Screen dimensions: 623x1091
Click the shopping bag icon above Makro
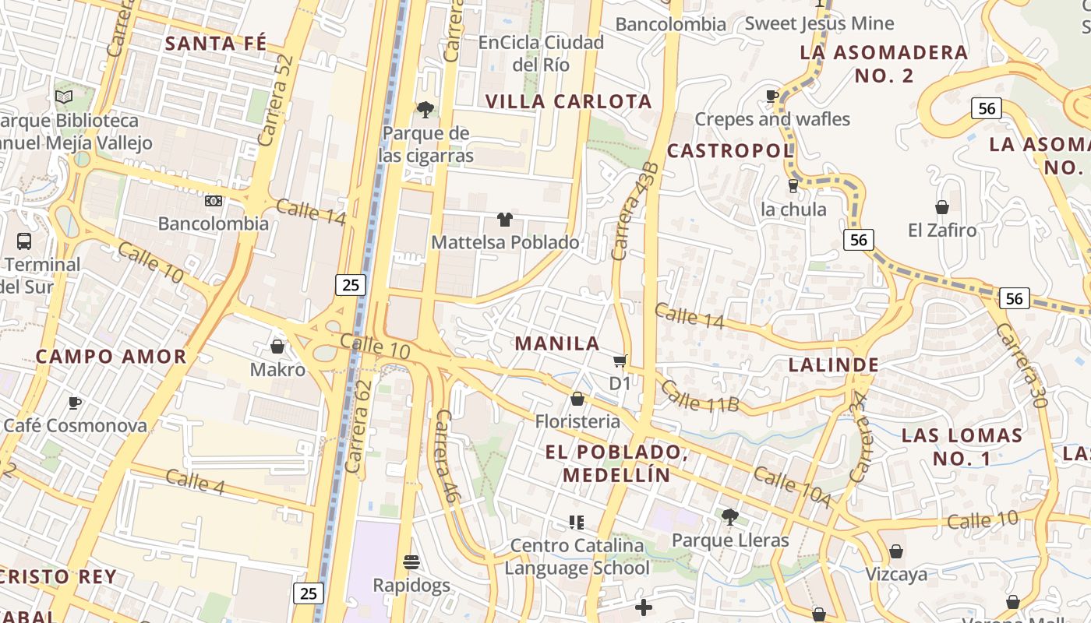(277, 346)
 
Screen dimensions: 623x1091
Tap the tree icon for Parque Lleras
(730, 516)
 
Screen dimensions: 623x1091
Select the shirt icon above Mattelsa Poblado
(505, 220)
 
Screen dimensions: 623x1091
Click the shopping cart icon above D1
(620, 361)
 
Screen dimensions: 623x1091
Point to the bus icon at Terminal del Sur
(24, 241)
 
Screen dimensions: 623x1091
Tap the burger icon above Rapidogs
(411, 561)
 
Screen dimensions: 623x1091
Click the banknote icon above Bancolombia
(213, 201)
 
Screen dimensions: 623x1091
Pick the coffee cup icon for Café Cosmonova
(75, 403)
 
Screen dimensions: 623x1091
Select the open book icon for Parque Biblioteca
(64, 97)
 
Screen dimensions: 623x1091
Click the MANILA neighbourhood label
(557, 343)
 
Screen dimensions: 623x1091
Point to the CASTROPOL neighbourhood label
(730, 150)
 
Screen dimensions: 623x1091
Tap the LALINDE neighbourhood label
(834, 364)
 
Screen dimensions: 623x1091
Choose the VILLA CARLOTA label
(569, 101)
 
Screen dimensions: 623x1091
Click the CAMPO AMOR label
(111, 357)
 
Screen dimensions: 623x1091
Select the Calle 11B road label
(700, 396)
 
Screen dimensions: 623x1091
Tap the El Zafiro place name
(942, 231)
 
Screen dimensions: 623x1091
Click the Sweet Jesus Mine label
(819, 23)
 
